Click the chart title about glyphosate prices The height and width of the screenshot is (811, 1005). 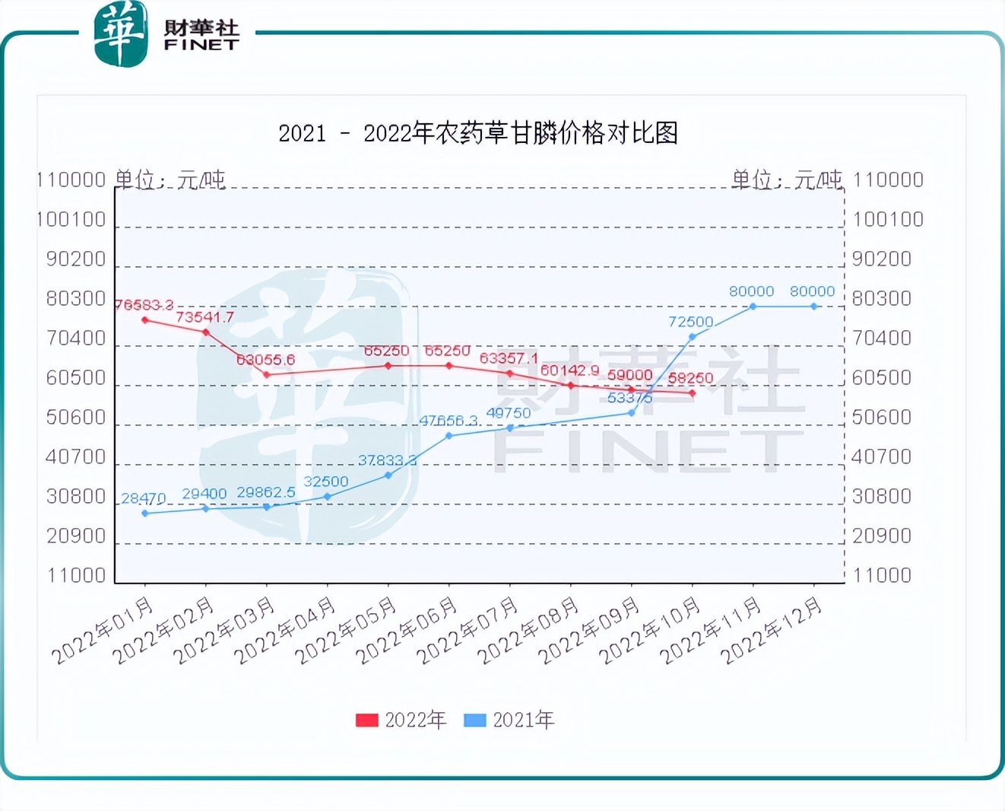pyautogui.click(x=478, y=133)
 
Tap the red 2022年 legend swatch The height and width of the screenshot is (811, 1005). pyautogui.click(x=366, y=720)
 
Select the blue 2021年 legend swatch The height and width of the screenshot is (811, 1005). pyautogui.click(x=474, y=720)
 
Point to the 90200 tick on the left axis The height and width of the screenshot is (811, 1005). pyautogui.click(x=76, y=259)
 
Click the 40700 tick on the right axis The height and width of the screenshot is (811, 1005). pyautogui.click(x=882, y=456)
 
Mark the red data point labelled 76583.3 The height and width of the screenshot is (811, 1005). pyautogui.click(x=145, y=320)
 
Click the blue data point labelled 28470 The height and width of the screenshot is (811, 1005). pyautogui.click(x=145, y=514)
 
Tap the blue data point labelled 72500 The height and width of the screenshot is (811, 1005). pyautogui.click(x=693, y=337)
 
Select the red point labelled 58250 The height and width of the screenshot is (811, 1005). pyautogui.click(x=693, y=393)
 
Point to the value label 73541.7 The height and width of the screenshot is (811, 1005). pyautogui.click(x=204, y=317)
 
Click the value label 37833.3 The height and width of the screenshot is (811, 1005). pyautogui.click(x=387, y=460)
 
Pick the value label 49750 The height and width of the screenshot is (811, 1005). pyautogui.click(x=509, y=413)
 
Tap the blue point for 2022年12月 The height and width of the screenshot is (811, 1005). pyautogui.click(x=814, y=307)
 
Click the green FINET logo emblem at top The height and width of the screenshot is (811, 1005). pyautogui.click(x=120, y=33)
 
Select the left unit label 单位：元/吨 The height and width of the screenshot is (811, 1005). pyautogui.click(x=170, y=180)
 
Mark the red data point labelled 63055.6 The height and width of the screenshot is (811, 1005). pyautogui.click(x=267, y=374)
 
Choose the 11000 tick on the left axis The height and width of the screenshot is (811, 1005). pyautogui.click(x=76, y=575)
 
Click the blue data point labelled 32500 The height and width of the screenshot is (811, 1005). pyautogui.click(x=328, y=497)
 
